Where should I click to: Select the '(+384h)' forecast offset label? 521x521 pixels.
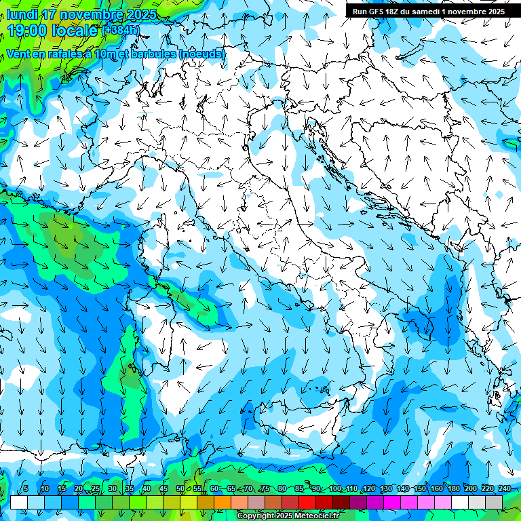121,30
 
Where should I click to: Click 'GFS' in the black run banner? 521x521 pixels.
383,12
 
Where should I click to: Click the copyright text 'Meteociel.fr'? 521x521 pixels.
312,516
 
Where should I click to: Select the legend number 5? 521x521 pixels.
26,488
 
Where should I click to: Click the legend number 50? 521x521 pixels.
180,488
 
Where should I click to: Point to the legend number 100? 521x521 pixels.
334,488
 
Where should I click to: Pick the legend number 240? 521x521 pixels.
504,488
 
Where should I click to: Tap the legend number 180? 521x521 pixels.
453,488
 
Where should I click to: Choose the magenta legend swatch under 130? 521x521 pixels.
392,502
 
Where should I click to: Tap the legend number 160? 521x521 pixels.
436,488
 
